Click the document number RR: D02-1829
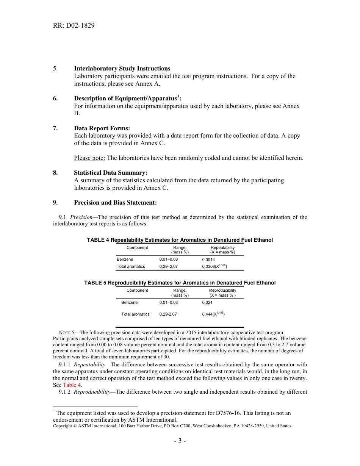pos(74,26)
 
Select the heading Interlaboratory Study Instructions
pos(122,69)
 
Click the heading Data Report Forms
pos(102,128)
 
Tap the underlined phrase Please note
pos(89,158)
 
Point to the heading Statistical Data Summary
pos(110,173)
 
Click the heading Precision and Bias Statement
pos(115,203)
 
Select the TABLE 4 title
pos(180,240)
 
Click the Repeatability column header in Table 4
pos(222,250)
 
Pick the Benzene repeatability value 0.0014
pos(208,260)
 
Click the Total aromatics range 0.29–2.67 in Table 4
pos(168,266)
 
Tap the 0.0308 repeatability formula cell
pos(214,266)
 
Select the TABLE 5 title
pos(180,283)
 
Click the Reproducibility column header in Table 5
pos(222,292)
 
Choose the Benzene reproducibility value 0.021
pos(207,302)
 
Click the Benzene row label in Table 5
pos(130,302)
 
